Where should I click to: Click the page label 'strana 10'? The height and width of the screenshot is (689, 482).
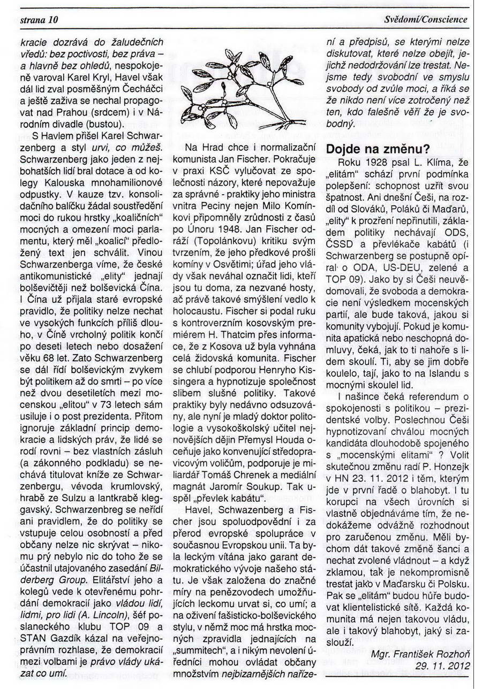point(35,20)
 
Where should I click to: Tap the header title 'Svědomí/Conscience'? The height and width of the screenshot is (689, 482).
point(426,20)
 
